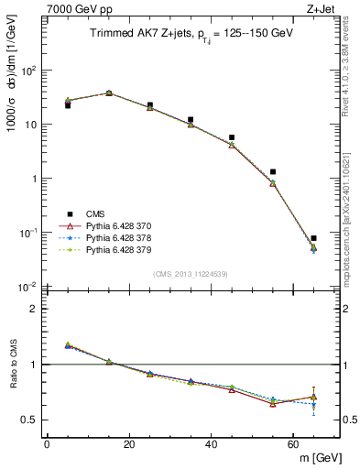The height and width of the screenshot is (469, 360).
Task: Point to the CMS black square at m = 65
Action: coord(313,238)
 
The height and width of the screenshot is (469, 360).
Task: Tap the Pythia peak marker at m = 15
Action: coord(109,93)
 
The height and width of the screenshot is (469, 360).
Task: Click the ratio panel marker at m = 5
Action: coord(68,345)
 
